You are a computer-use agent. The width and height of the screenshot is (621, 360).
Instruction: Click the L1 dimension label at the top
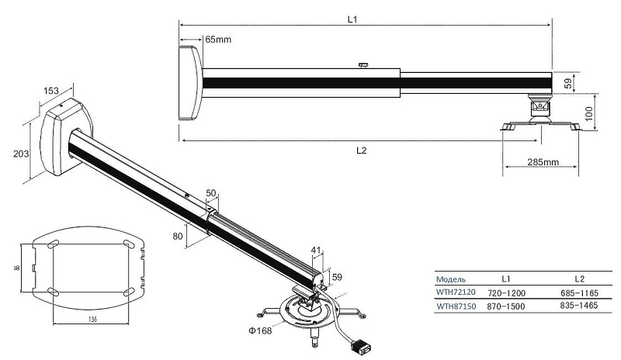pos(352,19)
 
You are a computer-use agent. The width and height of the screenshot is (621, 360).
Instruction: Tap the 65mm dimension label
pos(218,40)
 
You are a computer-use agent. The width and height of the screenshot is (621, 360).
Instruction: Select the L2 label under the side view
pos(361,151)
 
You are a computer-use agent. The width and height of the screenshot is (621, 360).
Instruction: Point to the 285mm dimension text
pos(543,162)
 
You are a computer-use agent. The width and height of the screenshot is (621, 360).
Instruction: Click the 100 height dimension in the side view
pos(589,113)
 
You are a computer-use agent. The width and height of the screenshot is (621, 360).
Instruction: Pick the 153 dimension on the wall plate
pos(51,91)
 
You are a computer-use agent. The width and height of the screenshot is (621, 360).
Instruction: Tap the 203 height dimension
pos(21,154)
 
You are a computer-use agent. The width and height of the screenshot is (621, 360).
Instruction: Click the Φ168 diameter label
pos(260,331)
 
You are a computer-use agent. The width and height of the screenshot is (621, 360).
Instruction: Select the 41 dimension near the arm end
pos(316,250)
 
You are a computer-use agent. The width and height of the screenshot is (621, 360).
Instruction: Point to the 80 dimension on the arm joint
pos(178,236)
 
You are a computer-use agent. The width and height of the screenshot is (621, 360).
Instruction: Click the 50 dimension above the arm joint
pos(211,193)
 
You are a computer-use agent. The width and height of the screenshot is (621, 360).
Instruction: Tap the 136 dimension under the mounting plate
pos(92,319)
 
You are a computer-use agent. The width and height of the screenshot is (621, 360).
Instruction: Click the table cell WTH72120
pos(456,292)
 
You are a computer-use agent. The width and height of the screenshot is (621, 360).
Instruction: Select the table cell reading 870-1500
pos(506,306)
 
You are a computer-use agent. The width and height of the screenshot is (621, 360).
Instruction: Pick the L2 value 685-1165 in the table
pos(579,293)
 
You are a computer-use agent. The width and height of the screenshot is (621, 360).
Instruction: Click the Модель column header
pos(451,279)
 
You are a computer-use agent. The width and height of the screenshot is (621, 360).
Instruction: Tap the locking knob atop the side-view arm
pos(363,65)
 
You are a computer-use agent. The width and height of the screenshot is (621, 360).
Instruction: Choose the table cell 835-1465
pos(579,306)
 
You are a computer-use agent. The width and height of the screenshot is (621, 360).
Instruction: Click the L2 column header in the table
pos(579,279)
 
